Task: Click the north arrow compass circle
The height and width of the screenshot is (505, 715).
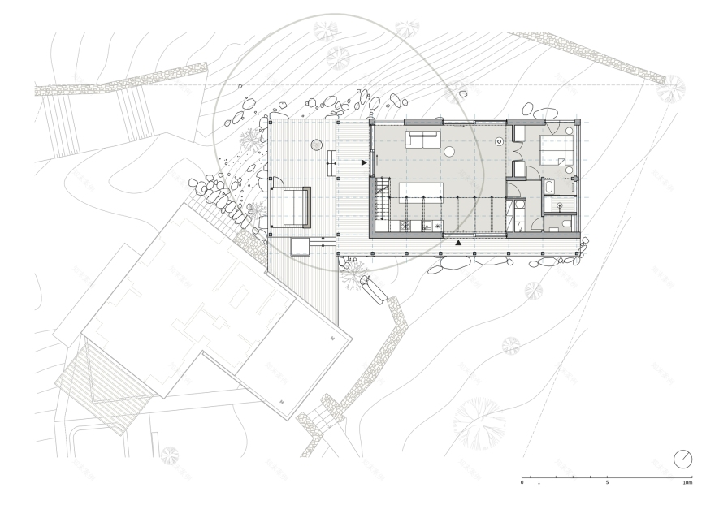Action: [683, 460]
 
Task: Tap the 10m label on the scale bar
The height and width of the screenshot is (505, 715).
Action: [687, 483]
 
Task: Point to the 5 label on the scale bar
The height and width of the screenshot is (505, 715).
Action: [607, 483]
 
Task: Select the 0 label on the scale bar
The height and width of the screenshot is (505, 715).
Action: [522, 483]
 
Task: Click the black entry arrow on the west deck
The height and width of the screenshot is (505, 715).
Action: [364, 163]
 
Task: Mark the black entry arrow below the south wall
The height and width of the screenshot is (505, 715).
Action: [459, 242]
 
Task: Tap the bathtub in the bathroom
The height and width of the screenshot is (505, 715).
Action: [549, 187]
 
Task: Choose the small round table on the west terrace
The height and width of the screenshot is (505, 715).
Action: [316, 145]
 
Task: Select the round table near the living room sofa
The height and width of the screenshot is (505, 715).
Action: [448, 151]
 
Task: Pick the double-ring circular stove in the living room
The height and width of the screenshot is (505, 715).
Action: [500, 142]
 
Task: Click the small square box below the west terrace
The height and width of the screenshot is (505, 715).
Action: [300, 244]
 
